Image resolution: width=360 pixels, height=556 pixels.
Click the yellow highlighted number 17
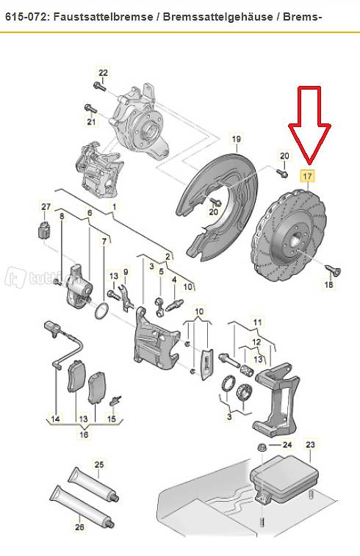[308, 176]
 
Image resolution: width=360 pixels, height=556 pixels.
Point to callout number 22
[103, 73]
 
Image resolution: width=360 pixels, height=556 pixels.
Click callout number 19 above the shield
[237, 140]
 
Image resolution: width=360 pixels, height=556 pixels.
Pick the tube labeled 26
[82, 506]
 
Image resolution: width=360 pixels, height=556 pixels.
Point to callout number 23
[310, 444]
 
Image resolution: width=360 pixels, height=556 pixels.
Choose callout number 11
[257, 322]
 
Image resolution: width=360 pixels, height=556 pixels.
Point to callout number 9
[125, 273]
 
